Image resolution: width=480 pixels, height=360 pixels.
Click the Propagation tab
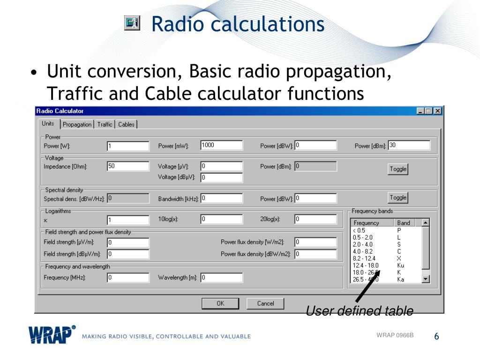(x=77, y=124)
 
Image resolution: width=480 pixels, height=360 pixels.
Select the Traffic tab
(x=105, y=124)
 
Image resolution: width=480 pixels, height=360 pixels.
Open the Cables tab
(x=126, y=124)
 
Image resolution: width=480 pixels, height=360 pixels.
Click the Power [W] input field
(x=128, y=146)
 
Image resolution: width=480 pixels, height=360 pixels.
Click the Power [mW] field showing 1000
(x=222, y=145)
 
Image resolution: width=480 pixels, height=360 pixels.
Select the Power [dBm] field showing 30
(x=409, y=145)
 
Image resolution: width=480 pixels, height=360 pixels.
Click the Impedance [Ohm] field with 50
(x=128, y=166)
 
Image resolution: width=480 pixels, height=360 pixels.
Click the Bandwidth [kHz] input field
(x=222, y=198)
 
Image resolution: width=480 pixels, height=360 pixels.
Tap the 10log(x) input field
(x=222, y=219)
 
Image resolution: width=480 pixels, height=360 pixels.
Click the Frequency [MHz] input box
(x=128, y=277)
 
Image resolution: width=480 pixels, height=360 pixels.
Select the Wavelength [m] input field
(x=222, y=277)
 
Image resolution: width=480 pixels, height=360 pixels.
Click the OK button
(x=220, y=303)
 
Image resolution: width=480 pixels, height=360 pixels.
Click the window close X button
(x=438, y=111)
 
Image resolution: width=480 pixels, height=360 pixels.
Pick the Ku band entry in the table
(x=400, y=265)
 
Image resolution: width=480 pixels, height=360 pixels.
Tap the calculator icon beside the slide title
(x=132, y=23)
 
